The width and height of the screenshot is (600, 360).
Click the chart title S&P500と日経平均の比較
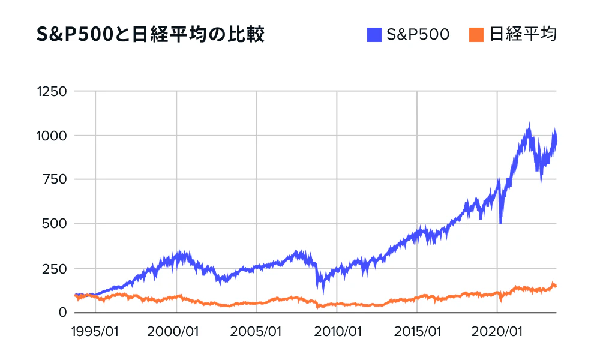tap(151, 35)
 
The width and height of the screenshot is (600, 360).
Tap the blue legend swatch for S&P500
tap(374, 35)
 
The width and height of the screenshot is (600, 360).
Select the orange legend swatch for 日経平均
tap(476, 35)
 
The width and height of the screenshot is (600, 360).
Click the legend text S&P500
tap(418, 35)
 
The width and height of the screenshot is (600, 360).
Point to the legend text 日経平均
tap(523, 35)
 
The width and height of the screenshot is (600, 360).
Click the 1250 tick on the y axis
tap(51, 92)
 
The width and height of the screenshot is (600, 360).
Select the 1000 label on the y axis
tap(51, 136)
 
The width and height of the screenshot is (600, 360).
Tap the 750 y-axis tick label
tap(55, 180)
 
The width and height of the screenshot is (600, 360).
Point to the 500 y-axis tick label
tap(55, 224)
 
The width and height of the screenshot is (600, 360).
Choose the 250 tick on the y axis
tap(55, 268)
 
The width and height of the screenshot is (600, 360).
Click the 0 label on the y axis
tap(62, 312)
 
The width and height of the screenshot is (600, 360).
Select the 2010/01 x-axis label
tap(338, 331)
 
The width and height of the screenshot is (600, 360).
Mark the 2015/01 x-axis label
tap(418, 331)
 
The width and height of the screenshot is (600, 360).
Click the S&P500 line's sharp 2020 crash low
tap(500, 223)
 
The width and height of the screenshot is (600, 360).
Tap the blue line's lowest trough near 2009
tap(324, 292)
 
